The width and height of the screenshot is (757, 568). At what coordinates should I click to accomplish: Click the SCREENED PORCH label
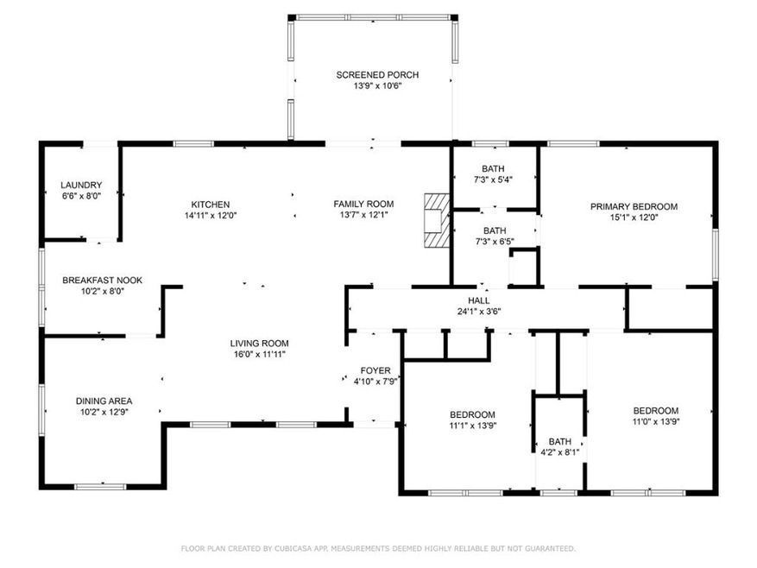377,75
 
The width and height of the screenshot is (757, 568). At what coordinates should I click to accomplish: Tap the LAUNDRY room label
81,185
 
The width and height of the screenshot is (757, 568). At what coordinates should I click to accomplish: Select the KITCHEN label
211,205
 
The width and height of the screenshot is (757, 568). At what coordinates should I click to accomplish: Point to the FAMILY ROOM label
363,205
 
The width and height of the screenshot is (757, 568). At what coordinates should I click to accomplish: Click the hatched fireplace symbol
437,221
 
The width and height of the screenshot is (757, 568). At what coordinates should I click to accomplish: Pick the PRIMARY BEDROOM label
634,206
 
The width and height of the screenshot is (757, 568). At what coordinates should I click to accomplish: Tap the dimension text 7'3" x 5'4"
493,180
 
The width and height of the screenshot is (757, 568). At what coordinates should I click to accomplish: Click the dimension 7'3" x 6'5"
495,242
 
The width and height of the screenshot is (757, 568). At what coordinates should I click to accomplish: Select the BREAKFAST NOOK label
103,281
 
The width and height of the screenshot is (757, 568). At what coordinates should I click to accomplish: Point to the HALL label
478,300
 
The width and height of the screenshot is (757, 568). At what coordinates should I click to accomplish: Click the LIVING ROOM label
259,344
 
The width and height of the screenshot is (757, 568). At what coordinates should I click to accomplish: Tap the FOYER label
375,371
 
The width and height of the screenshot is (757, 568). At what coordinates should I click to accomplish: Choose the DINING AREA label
104,401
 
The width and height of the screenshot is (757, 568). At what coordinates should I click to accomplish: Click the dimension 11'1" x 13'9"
473,426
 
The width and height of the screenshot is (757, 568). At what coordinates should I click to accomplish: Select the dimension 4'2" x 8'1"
560,452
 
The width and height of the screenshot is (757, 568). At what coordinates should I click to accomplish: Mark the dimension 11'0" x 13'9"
656,421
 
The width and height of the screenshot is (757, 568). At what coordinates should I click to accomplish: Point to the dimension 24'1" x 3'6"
479,312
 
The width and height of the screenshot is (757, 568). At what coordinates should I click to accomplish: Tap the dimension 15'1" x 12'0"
634,218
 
